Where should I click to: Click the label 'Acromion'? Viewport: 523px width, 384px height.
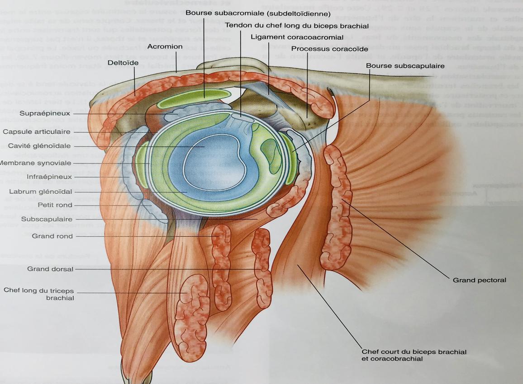coord(165,47)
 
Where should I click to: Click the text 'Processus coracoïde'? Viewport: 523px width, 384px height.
coord(330,49)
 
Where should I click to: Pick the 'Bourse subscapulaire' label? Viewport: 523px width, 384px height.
coord(405,66)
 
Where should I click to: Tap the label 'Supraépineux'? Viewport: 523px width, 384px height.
coord(45,113)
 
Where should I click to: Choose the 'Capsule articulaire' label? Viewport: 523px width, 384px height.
coord(37,131)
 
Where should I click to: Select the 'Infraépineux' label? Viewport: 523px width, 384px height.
coord(49,177)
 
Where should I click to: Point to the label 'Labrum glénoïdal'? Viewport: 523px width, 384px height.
coord(40,192)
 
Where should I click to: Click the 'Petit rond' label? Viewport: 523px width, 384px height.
coord(55,205)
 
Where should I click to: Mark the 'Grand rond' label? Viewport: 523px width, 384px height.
coord(52,236)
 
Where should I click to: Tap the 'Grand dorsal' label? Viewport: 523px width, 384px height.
coord(50,269)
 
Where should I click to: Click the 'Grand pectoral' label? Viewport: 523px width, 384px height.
coord(479,280)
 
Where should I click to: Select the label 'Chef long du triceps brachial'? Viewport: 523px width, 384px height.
coord(38,294)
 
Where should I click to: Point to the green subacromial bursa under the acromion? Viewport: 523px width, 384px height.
coord(188,98)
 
